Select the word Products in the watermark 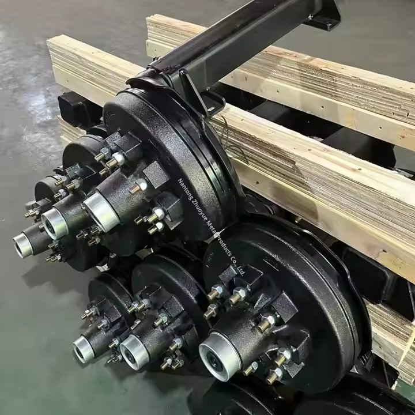224,247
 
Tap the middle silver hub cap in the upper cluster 54,223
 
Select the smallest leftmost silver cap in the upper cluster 22,246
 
